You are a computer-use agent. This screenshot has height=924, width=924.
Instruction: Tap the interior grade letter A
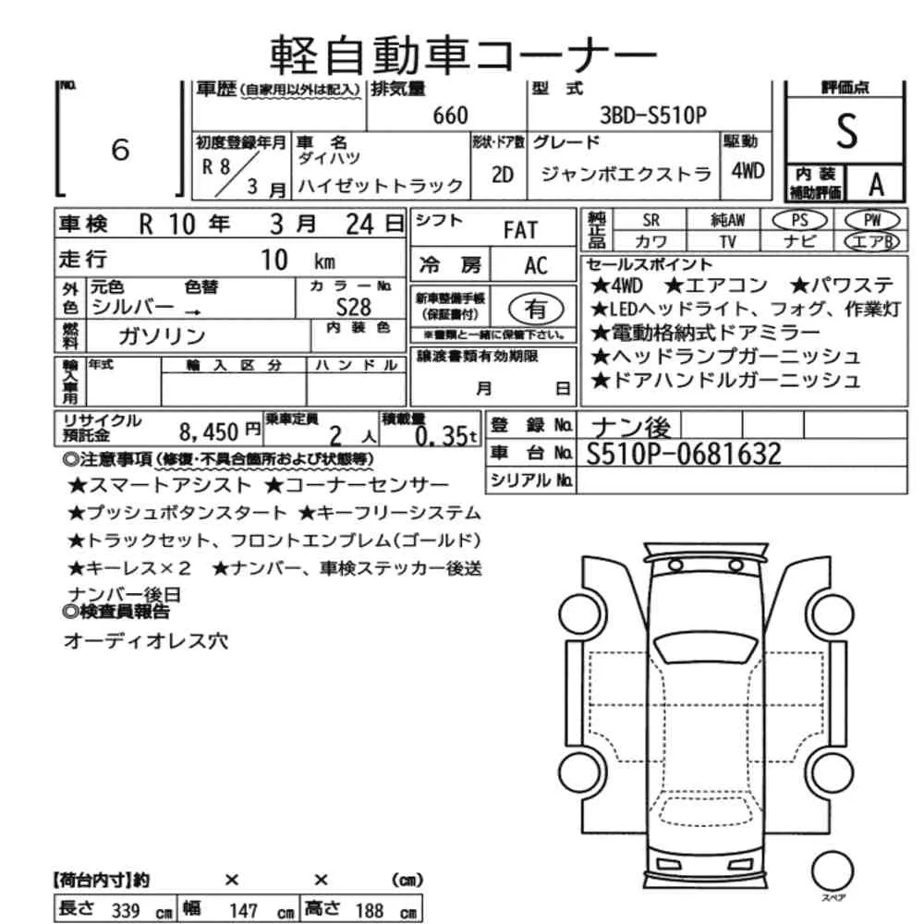[875, 185]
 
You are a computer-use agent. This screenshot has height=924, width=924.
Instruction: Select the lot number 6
[120, 150]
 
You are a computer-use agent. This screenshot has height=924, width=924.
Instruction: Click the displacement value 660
[450, 115]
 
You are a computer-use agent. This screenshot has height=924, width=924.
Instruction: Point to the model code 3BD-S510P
[653, 115]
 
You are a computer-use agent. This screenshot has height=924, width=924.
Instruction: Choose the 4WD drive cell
[748, 171]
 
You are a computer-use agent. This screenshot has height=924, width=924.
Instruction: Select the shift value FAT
[519, 229]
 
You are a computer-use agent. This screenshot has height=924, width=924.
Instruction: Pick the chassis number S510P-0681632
[684, 453]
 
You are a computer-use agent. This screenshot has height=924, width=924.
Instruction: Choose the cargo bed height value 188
[369, 910]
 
